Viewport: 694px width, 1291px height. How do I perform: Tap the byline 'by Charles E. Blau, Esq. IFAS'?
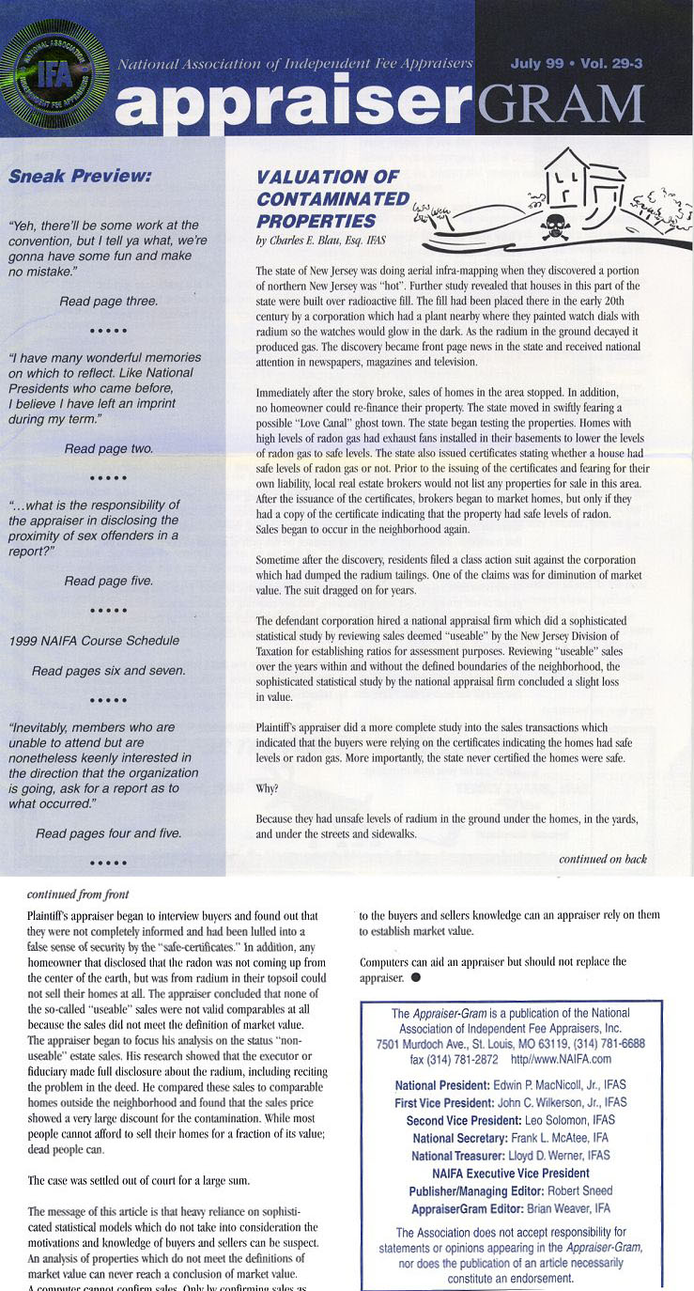[x=320, y=241]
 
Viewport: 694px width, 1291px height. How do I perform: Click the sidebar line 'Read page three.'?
[x=108, y=302]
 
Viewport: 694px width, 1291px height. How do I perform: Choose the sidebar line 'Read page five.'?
[x=108, y=581]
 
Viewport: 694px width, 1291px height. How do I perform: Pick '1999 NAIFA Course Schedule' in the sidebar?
[x=93, y=641]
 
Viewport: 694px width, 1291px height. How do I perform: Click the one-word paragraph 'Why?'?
[x=267, y=786]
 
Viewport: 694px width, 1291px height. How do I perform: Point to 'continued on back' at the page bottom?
[x=602, y=859]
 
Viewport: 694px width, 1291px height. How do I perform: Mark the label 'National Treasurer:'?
[x=445, y=1155]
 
